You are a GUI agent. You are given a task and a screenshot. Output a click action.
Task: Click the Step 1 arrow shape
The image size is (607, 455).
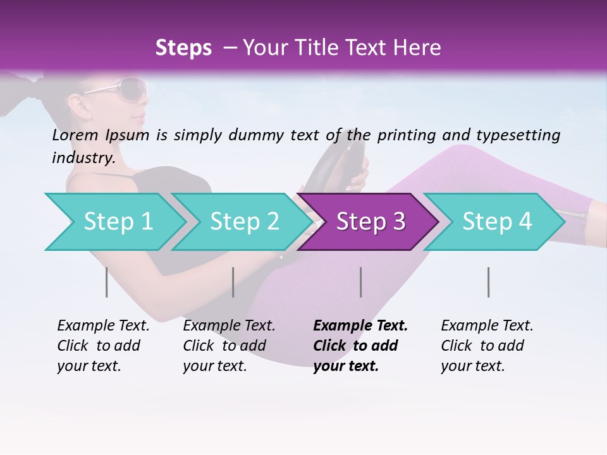pos(114,221)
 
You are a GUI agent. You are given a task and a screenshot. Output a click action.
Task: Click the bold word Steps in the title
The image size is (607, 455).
pos(183,48)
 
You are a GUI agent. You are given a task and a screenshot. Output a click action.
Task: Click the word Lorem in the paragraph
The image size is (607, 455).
pos(75,135)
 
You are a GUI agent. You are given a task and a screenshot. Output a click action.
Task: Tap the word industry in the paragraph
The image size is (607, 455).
pos(83,157)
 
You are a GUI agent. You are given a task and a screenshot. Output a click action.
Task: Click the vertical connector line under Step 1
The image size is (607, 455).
pos(106,282)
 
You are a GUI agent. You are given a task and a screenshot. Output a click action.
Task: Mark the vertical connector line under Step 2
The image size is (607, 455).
pos(233,282)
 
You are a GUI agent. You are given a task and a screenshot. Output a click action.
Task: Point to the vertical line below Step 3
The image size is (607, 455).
pos(360,282)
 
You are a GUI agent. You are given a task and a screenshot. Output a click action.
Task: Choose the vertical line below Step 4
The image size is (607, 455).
pos(488,282)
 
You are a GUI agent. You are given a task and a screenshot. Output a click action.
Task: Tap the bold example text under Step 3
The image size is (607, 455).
pos(360,346)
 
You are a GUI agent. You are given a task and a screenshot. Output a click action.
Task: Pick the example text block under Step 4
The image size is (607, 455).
pos(487,346)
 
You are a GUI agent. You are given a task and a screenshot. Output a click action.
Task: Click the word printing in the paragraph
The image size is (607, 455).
pos(407,135)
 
